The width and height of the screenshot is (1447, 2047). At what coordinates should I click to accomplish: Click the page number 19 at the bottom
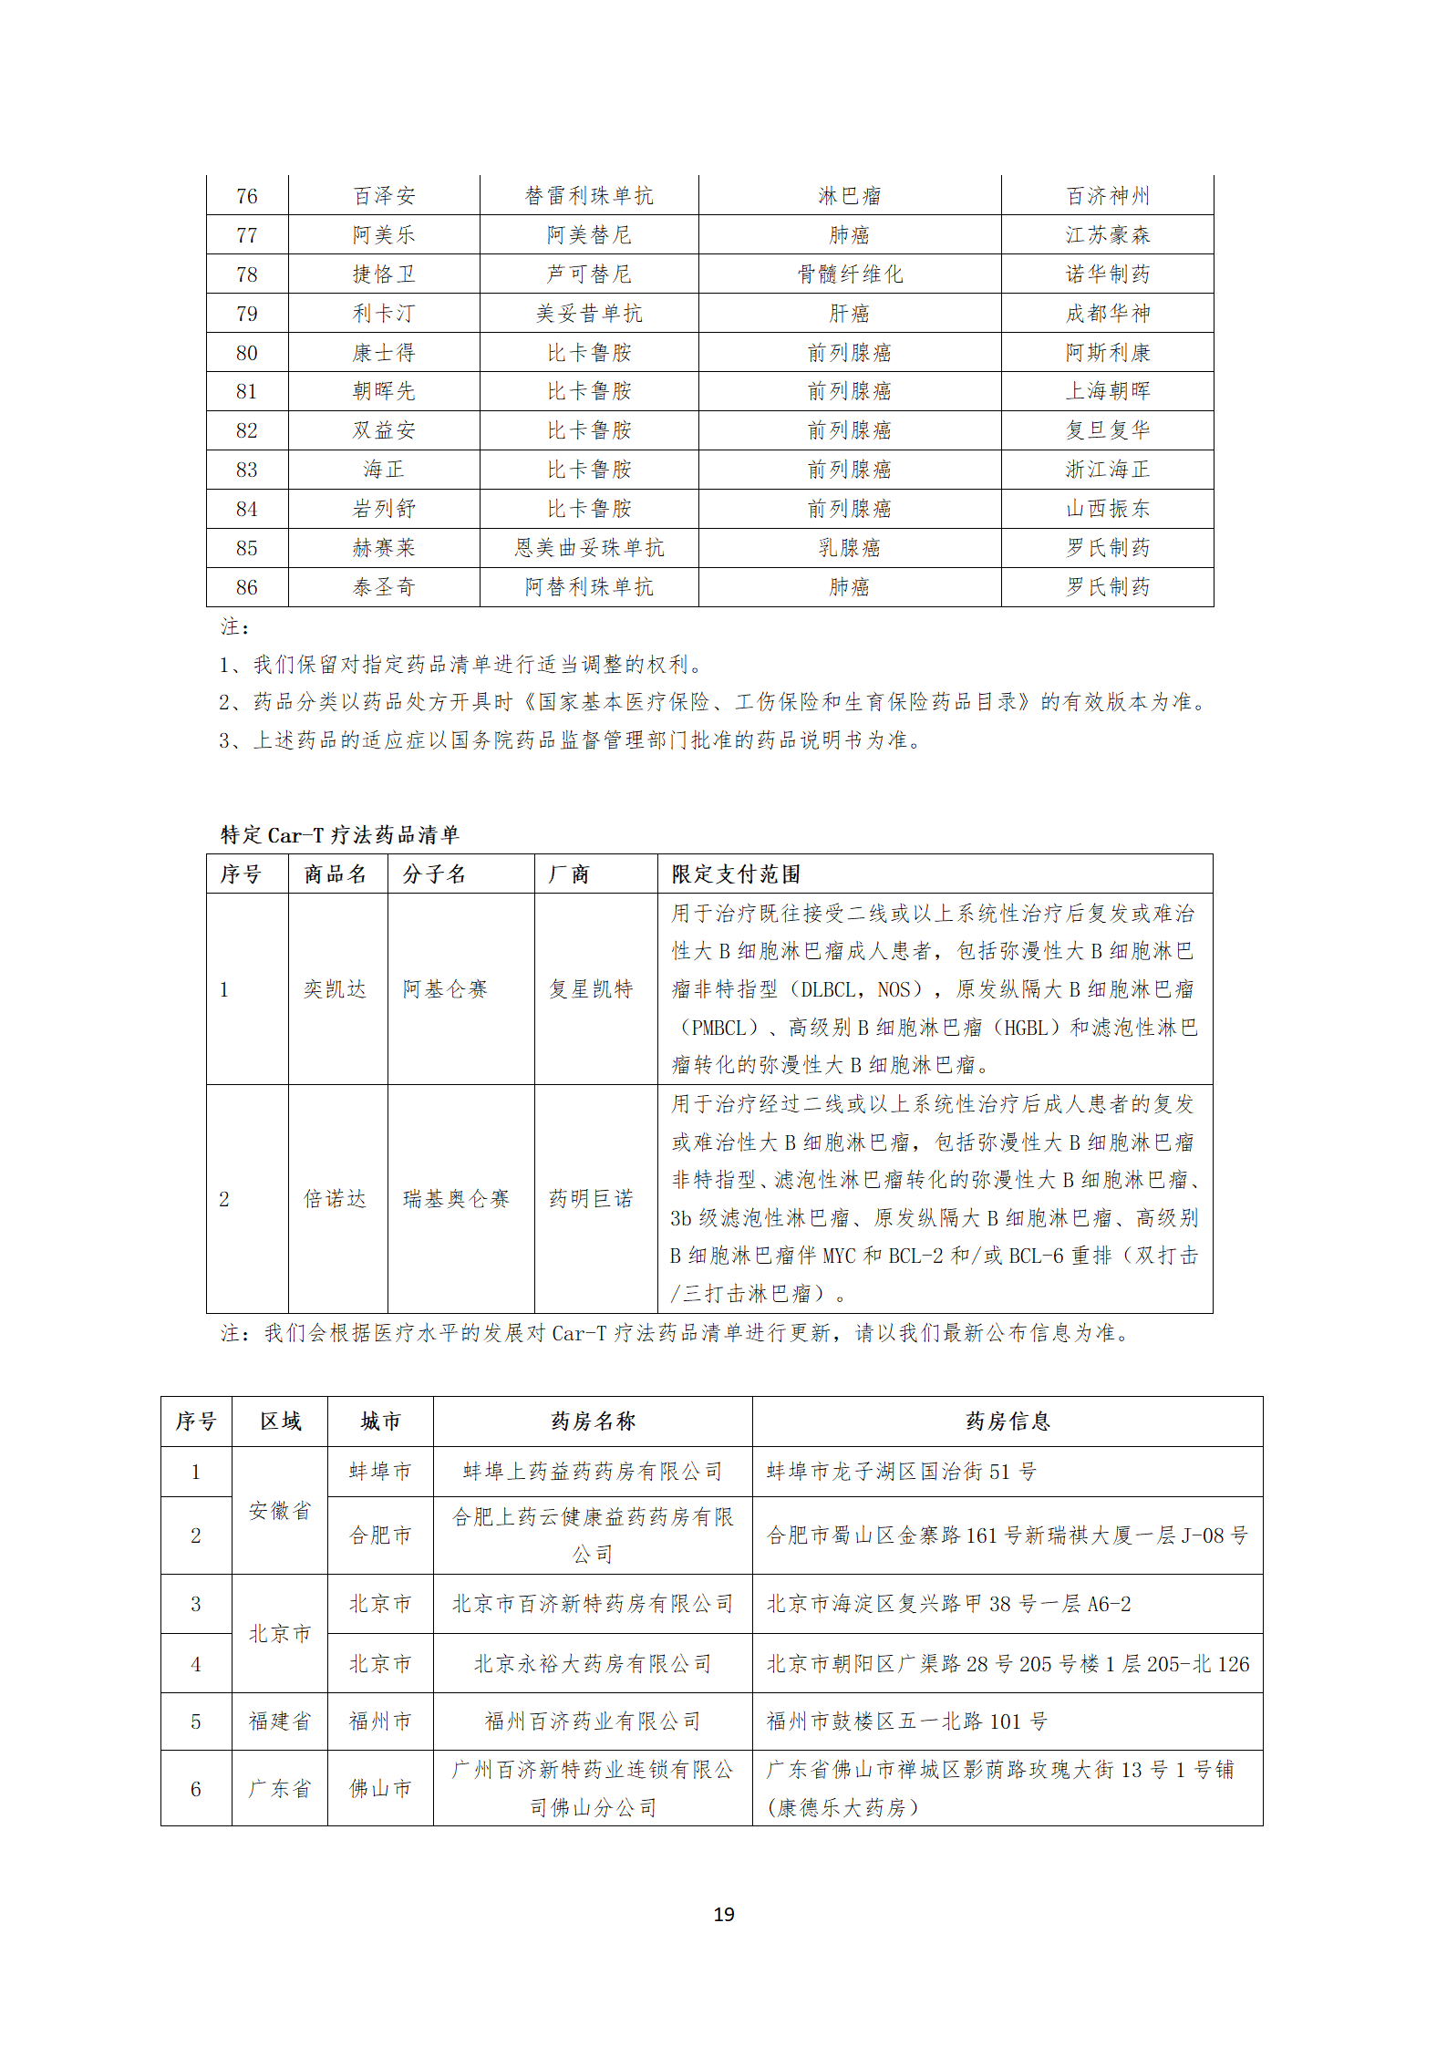pos(723,1914)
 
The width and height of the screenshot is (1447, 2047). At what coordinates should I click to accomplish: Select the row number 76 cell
pos(246,196)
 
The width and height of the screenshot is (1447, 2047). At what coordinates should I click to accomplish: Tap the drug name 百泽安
pos(384,196)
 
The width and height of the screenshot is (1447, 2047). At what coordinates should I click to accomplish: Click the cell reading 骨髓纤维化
pos(849,274)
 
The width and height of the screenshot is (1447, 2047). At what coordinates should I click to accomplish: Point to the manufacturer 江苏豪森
pos(1107,235)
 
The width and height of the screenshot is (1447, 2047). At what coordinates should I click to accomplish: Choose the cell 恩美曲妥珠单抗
pos(589,548)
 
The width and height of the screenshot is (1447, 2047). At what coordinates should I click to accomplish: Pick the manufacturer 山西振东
pos(1107,509)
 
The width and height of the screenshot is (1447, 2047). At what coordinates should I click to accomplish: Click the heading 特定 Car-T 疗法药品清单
pos(339,834)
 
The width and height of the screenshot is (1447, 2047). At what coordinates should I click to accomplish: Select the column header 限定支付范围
pos(736,874)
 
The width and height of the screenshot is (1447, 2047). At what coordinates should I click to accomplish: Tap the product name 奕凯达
pos(335,989)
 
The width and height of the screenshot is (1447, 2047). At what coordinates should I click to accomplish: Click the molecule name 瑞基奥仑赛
pos(456,1199)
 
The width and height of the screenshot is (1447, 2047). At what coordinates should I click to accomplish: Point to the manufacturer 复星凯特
pos(591,989)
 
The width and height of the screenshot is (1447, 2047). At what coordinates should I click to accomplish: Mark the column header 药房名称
pos(593,1422)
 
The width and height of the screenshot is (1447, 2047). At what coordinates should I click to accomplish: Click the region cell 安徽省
pos(280,1511)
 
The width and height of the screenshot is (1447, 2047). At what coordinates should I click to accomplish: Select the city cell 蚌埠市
pos(380,1472)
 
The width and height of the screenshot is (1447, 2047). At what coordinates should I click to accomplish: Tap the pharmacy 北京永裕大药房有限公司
pos(593,1664)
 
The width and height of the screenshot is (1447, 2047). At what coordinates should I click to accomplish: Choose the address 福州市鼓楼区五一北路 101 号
pos(906,1721)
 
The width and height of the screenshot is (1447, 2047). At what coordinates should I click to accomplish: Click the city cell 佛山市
pos(380,1788)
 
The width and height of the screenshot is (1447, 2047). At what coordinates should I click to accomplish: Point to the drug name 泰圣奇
pos(384,587)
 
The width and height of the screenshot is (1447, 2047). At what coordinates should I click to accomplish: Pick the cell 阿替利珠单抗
pos(589,587)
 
